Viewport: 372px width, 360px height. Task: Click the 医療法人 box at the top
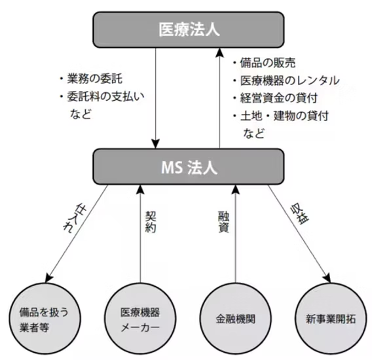[189, 29]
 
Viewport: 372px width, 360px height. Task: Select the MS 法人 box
[189, 167]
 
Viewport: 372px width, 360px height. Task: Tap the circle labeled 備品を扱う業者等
[45, 319]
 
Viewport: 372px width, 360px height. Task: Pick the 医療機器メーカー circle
[140, 319]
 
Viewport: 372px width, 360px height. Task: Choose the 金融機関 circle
[236, 319]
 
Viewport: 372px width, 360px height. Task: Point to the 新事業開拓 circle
[331, 319]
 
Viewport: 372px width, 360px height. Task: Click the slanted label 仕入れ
[75, 219]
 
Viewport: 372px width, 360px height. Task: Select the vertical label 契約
[151, 222]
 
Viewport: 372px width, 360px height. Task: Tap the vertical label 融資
[223, 222]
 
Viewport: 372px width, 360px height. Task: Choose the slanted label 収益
[300, 215]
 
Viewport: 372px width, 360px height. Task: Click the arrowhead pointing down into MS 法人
[156, 144]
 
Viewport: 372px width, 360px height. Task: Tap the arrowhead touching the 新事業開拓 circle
[327, 278]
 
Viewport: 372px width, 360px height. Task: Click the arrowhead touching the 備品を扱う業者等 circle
[49, 278]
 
